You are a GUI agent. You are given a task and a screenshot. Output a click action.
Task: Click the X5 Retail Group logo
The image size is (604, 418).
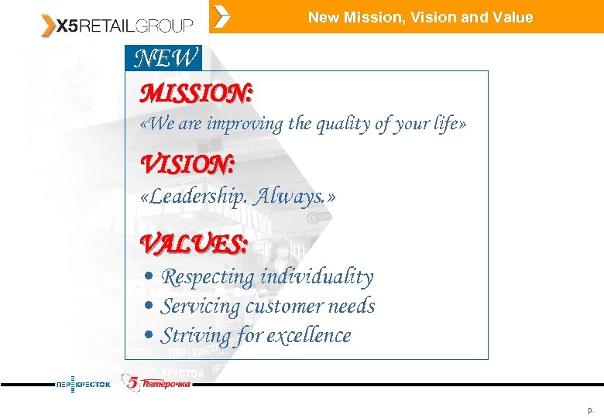click(x=117, y=25)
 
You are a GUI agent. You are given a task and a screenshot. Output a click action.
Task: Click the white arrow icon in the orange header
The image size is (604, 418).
click(x=221, y=16)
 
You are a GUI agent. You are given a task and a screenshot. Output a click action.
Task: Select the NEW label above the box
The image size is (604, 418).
click(x=165, y=58)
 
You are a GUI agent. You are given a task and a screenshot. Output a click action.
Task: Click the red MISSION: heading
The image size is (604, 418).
click(x=196, y=94)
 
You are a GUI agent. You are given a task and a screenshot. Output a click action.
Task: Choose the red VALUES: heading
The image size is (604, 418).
click(x=194, y=245)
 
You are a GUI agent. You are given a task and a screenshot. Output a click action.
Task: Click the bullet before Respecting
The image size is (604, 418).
click(x=149, y=277)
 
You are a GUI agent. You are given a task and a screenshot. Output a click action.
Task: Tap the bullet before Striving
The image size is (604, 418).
click(x=149, y=336)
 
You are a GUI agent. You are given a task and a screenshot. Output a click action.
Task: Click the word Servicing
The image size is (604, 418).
click(x=201, y=307)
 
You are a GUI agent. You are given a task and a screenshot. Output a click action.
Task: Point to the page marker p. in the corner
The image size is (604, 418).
click(x=591, y=409)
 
